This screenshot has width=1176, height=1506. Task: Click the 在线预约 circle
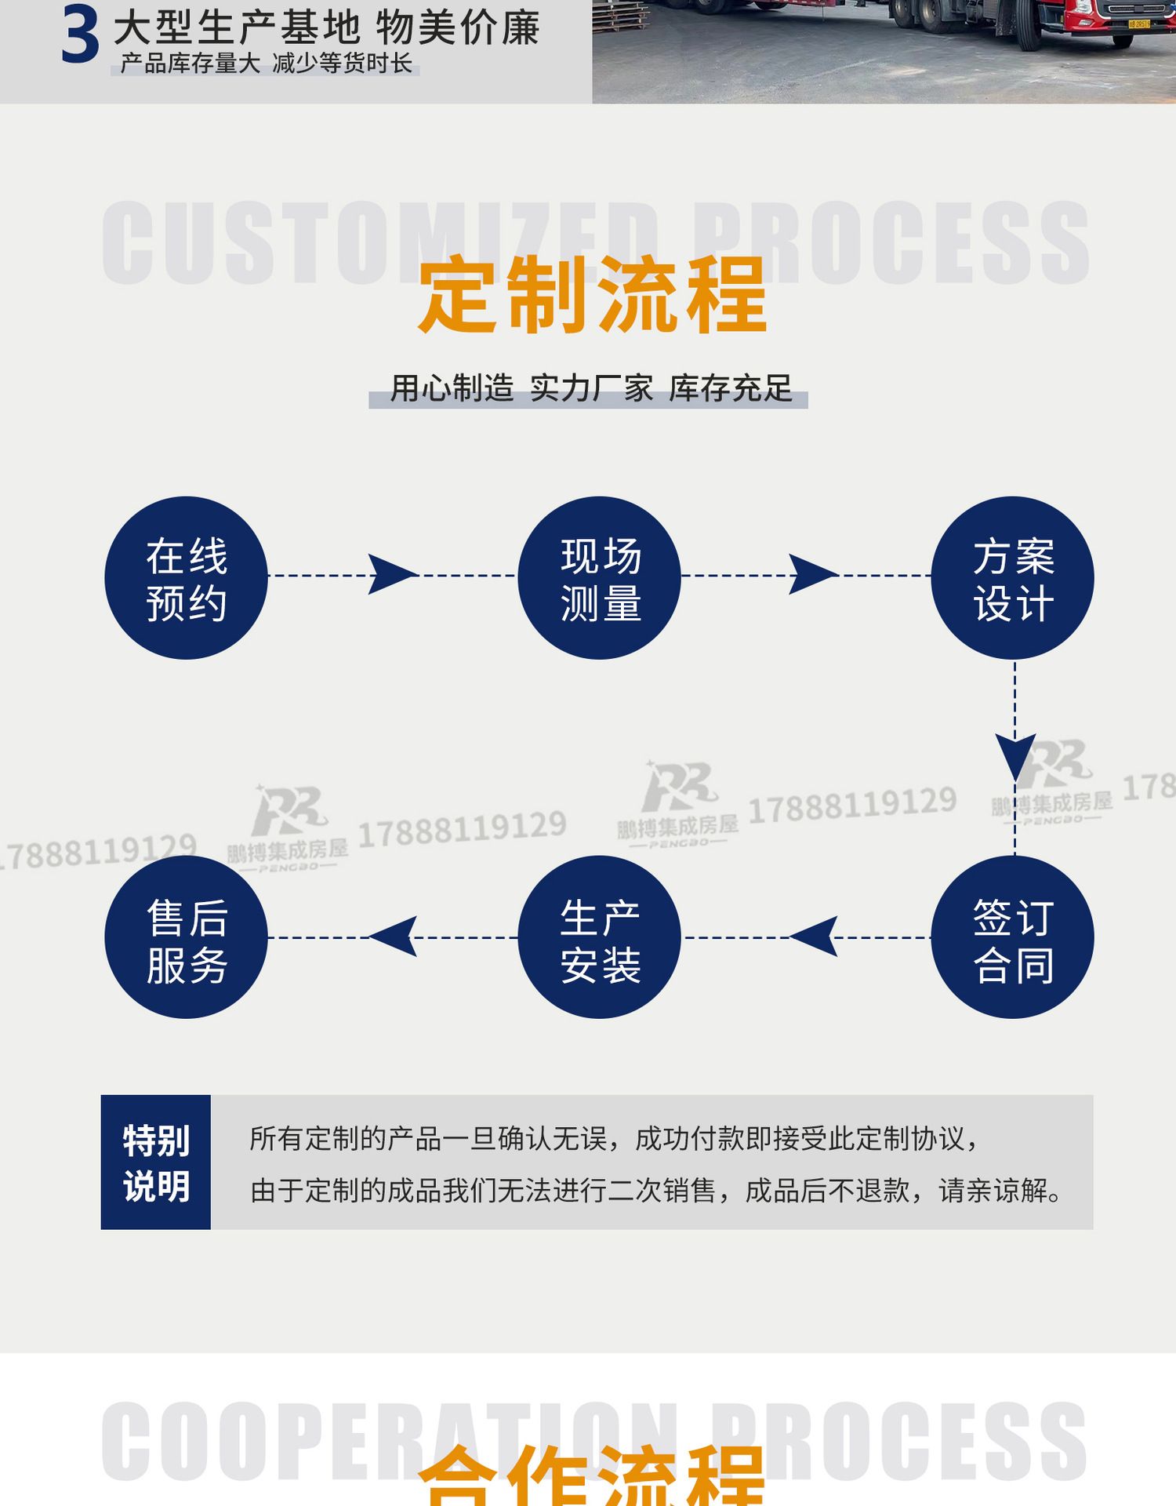[x=186, y=578]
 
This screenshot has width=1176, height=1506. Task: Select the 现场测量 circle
[x=599, y=578]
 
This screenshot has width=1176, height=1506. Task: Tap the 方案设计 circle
[x=1012, y=578]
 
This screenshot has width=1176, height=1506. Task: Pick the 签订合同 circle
[x=1012, y=937]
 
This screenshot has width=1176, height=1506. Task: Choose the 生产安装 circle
[x=599, y=937]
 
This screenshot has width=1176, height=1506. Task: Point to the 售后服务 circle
[x=186, y=937]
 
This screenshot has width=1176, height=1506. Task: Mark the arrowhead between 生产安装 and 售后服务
[x=394, y=937]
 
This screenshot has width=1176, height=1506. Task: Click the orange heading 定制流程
[x=592, y=295]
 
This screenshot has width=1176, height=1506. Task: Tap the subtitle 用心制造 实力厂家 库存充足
[x=590, y=389]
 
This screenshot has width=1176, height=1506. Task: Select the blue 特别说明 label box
[x=156, y=1162]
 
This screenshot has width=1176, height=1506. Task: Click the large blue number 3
[x=80, y=36]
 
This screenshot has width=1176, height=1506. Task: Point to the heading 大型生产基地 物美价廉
[x=326, y=28]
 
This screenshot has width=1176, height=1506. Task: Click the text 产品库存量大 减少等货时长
[x=266, y=64]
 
